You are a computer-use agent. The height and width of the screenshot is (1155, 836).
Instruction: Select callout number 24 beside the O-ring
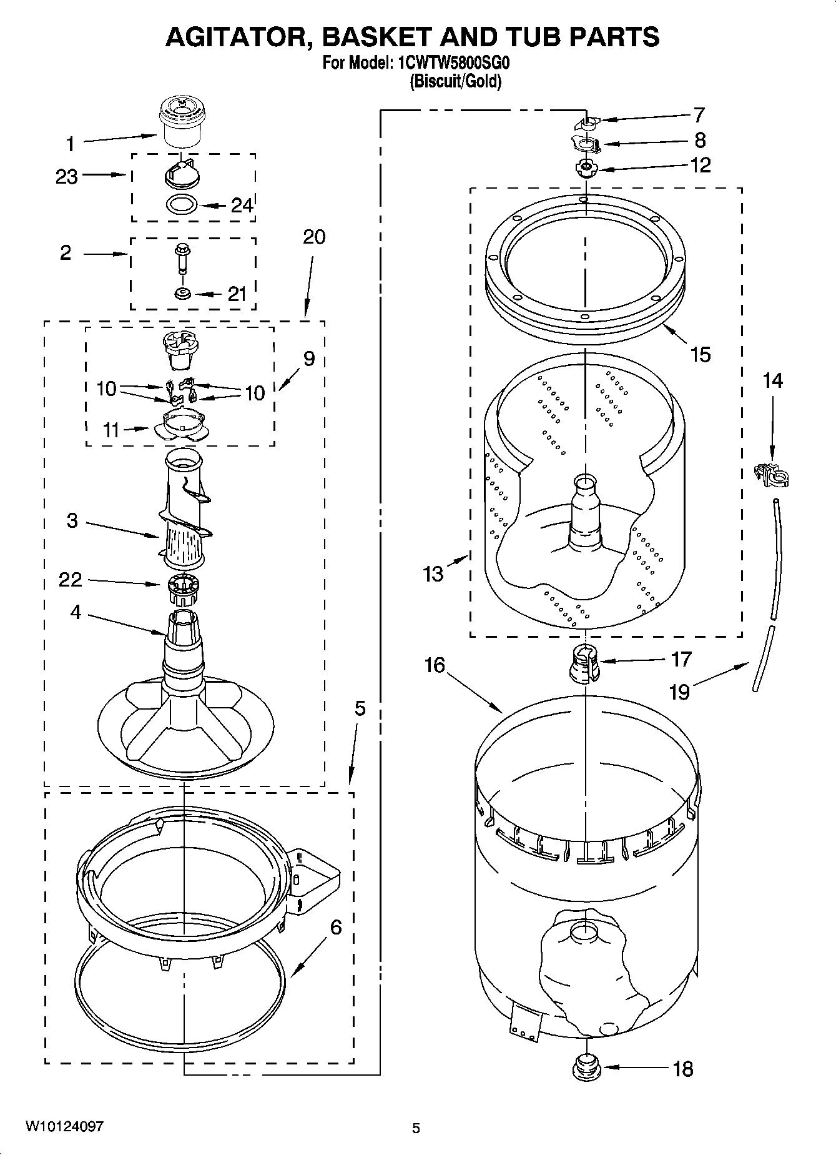click(x=242, y=206)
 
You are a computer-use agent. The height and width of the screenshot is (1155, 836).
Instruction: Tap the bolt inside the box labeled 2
click(x=182, y=257)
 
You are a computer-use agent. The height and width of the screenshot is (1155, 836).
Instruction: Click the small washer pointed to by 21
click(x=182, y=293)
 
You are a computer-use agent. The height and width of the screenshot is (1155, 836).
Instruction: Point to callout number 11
click(x=111, y=430)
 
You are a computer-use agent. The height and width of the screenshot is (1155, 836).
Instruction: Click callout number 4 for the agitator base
click(x=75, y=612)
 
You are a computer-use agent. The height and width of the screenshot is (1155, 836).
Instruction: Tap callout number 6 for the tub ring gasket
click(x=335, y=928)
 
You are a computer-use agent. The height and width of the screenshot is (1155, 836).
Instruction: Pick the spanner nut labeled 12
click(x=586, y=169)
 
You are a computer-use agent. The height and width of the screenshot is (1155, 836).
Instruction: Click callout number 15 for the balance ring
click(x=701, y=354)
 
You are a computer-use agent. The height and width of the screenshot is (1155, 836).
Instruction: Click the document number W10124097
click(x=64, y=1126)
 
